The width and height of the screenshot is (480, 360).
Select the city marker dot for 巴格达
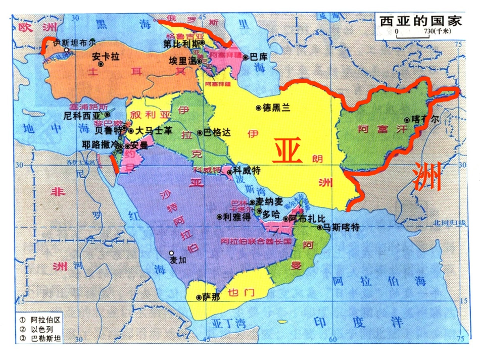pyautogui.click(x=200, y=133)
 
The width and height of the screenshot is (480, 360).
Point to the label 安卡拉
pyautogui.click(x=106, y=57)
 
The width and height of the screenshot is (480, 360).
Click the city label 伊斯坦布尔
pyautogui.click(x=74, y=42)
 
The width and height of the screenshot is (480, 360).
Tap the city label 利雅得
pyautogui.click(x=237, y=217)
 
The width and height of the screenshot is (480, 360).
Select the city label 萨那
pyautogui.click(x=211, y=297)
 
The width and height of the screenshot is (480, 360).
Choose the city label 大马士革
pyautogui.click(x=154, y=131)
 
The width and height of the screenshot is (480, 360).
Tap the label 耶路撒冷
pyautogui.click(x=99, y=144)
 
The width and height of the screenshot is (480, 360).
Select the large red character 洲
pyautogui.click(x=427, y=176)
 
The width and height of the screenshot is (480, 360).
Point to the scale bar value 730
pyautogui.click(x=426, y=31)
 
